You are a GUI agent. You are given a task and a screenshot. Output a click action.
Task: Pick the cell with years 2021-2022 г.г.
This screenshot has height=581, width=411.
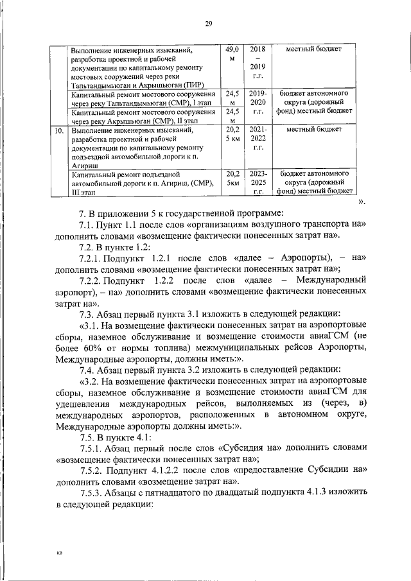(x=259, y=138)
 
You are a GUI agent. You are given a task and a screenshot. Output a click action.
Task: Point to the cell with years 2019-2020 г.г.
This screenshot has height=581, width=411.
(x=258, y=102)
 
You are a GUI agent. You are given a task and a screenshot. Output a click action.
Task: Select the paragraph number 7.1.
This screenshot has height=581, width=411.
(x=86, y=223)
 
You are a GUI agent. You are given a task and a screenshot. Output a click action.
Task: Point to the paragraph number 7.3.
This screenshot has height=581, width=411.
(x=86, y=314)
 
